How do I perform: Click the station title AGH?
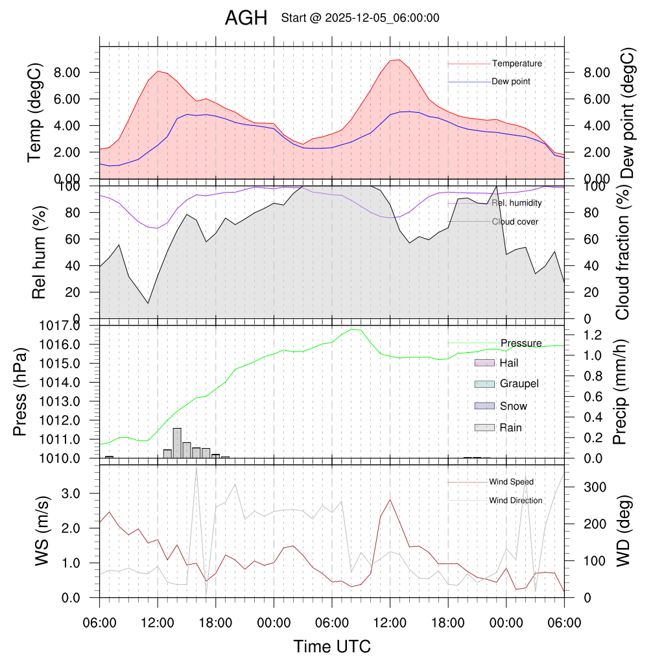pyautogui.click(x=246, y=19)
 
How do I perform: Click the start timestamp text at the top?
pyautogui.click(x=360, y=18)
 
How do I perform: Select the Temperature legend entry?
pyautogui.click(x=517, y=64)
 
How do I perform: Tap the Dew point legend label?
pyautogui.click(x=511, y=82)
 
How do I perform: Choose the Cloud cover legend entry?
pyautogui.click(x=515, y=222)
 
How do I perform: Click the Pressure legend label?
pyautogui.click(x=521, y=343)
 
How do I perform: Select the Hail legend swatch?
pyautogui.click(x=485, y=363)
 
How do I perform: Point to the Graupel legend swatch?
pyautogui.click(x=485, y=384)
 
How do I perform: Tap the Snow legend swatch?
pyautogui.click(x=485, y=406)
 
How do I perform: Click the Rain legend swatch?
pyautogui.click(x=485, y=427)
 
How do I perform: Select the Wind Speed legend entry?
pyautogui.click(x=511, y=482)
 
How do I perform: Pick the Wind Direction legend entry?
pyautogui.click(x=516, y=501)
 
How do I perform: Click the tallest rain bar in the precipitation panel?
pyautogui.click(x=177, y=442)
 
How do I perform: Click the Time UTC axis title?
pyautogui.click(x=332, y=646)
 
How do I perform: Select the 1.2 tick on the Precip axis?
pyautogui.click(x=587, y=335)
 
